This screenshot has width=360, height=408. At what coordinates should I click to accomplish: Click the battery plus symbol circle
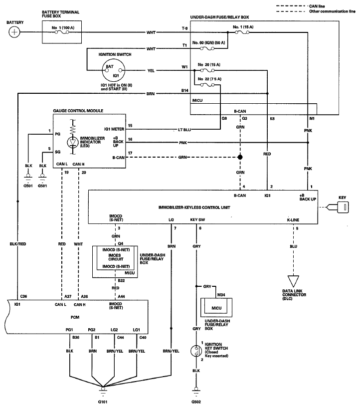tap(14, 32)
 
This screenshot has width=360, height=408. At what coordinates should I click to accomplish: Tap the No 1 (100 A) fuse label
tap(63, 27)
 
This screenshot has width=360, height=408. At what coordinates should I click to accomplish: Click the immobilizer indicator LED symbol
tap(73, 142)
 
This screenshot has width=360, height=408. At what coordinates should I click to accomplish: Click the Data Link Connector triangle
tap(293, 281)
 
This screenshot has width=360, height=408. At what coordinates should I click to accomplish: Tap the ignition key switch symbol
tap(196, 351)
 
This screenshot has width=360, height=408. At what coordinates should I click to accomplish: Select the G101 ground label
tap(103, 402)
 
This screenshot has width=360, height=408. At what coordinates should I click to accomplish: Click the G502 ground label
tap(196, 402)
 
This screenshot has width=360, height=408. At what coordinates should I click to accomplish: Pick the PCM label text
tap(75, 317)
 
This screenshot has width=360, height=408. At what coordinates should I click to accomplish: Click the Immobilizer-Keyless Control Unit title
tap(194, 207)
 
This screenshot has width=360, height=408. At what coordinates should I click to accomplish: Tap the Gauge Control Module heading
tap(78, 111)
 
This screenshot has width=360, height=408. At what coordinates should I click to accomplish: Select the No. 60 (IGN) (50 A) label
tap(208, 43)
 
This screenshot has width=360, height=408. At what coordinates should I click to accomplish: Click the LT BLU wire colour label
tap(184, 130)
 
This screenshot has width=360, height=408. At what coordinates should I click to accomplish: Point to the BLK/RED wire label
tap(18, 244)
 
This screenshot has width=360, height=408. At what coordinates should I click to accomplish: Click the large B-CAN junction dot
tap(240, 157)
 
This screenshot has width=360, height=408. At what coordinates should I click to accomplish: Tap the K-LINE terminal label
tap(293, 220)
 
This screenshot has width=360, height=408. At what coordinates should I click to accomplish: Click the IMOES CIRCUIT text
tap(116, 257)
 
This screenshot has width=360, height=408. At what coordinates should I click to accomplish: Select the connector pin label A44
tap(121, 296)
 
